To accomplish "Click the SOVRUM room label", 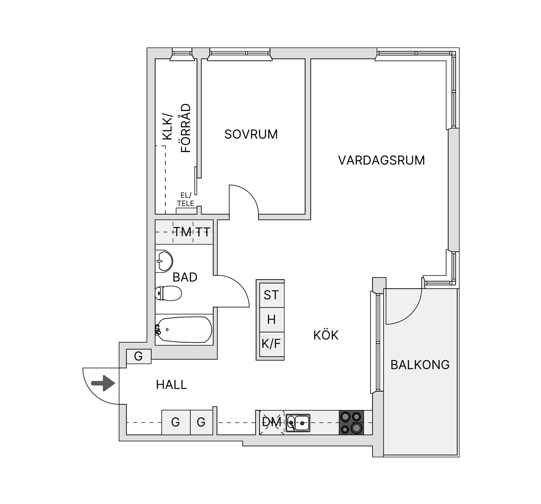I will [x=251, y=134].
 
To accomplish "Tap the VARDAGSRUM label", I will [x=381, y=160].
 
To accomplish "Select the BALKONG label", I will [x=420, y=365].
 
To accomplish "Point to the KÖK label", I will [x=326, y=335].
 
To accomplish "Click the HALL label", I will [x=171, y=385].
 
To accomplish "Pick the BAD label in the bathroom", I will [x=185, y=277].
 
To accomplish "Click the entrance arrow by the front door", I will [x=103, y=383].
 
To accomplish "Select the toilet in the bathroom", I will [x=168, y=293].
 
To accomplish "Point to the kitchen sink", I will [x=298, y=423].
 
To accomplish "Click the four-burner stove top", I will [x=351, y=422].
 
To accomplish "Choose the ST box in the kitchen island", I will [x=271, y=295].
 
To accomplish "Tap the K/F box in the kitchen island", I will [x=271, y=344].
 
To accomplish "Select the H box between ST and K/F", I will [x=271, y=320].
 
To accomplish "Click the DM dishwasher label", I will [x=271, y=422].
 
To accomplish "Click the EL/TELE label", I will [x=186, y=199].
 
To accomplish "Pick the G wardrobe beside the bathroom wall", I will [x=138, y=356].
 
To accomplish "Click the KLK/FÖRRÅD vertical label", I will [x=176, y=129].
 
